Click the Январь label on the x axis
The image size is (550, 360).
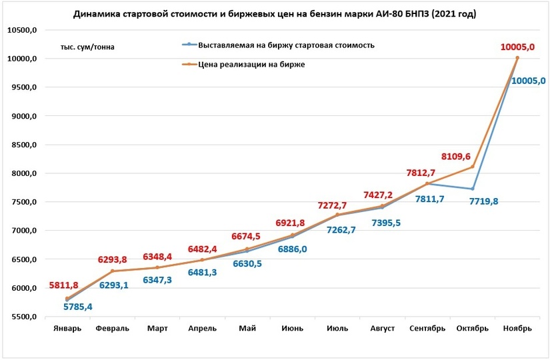(67, 328)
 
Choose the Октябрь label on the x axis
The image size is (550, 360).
(472, 328)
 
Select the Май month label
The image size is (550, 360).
(247, 328)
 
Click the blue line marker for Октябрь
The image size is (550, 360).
(473, 189)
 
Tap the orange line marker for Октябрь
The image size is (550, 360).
(473, 167)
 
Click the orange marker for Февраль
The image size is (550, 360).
(112, 271)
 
